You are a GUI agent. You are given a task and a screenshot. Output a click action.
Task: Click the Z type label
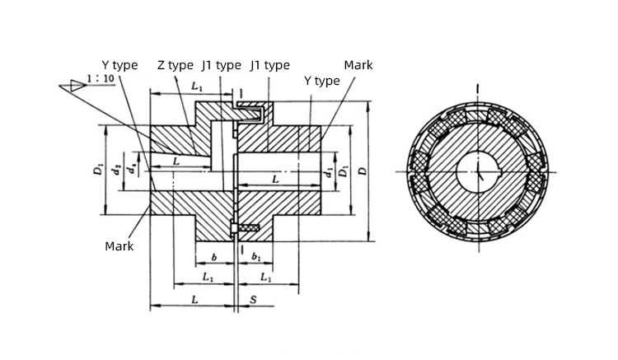176,65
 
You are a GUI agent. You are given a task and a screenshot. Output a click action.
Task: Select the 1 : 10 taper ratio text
99,81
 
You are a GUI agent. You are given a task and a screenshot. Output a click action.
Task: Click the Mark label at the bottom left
119,245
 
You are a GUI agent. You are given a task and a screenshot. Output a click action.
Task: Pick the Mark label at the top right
358,65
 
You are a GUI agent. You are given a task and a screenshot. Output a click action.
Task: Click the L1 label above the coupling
198,86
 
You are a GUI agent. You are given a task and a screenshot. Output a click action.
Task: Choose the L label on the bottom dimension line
194,301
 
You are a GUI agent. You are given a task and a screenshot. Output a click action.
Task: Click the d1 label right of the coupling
329,171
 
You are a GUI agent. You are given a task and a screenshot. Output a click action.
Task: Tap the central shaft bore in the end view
478,171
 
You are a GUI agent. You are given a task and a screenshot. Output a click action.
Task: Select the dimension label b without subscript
213,258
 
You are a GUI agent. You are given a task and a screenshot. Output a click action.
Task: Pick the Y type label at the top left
119,65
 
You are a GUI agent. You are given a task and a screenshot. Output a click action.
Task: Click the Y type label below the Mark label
321,81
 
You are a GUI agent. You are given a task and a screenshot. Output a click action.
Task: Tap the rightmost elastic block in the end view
539,171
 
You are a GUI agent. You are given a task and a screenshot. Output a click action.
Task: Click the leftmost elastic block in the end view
418,171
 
